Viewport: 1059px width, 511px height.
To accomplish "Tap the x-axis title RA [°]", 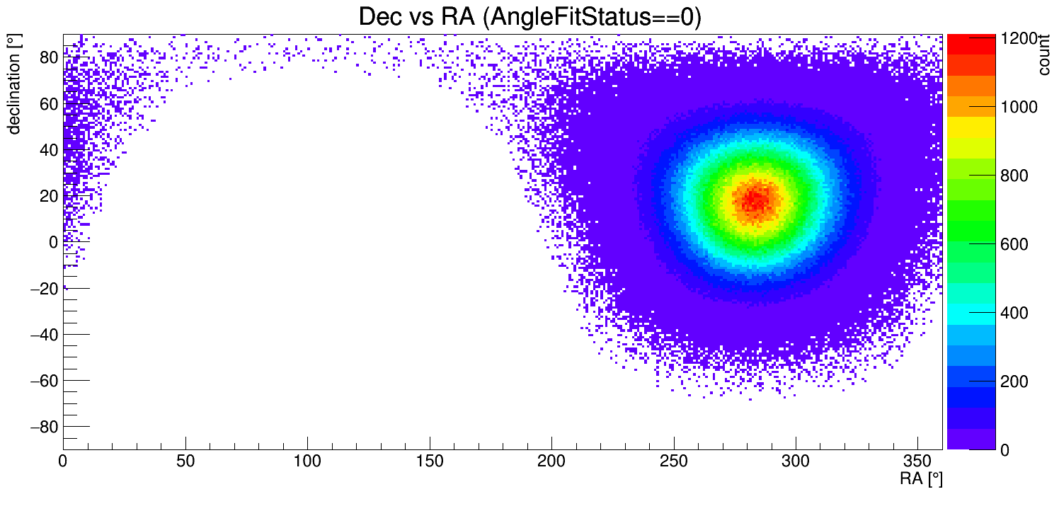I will [921, 479].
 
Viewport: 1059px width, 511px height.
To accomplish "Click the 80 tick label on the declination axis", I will [48, 58].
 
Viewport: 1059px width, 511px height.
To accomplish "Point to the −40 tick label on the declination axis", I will [43, 335].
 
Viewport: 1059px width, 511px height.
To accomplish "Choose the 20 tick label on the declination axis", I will [48, 196].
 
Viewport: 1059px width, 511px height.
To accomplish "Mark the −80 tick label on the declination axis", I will [43, 427].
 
